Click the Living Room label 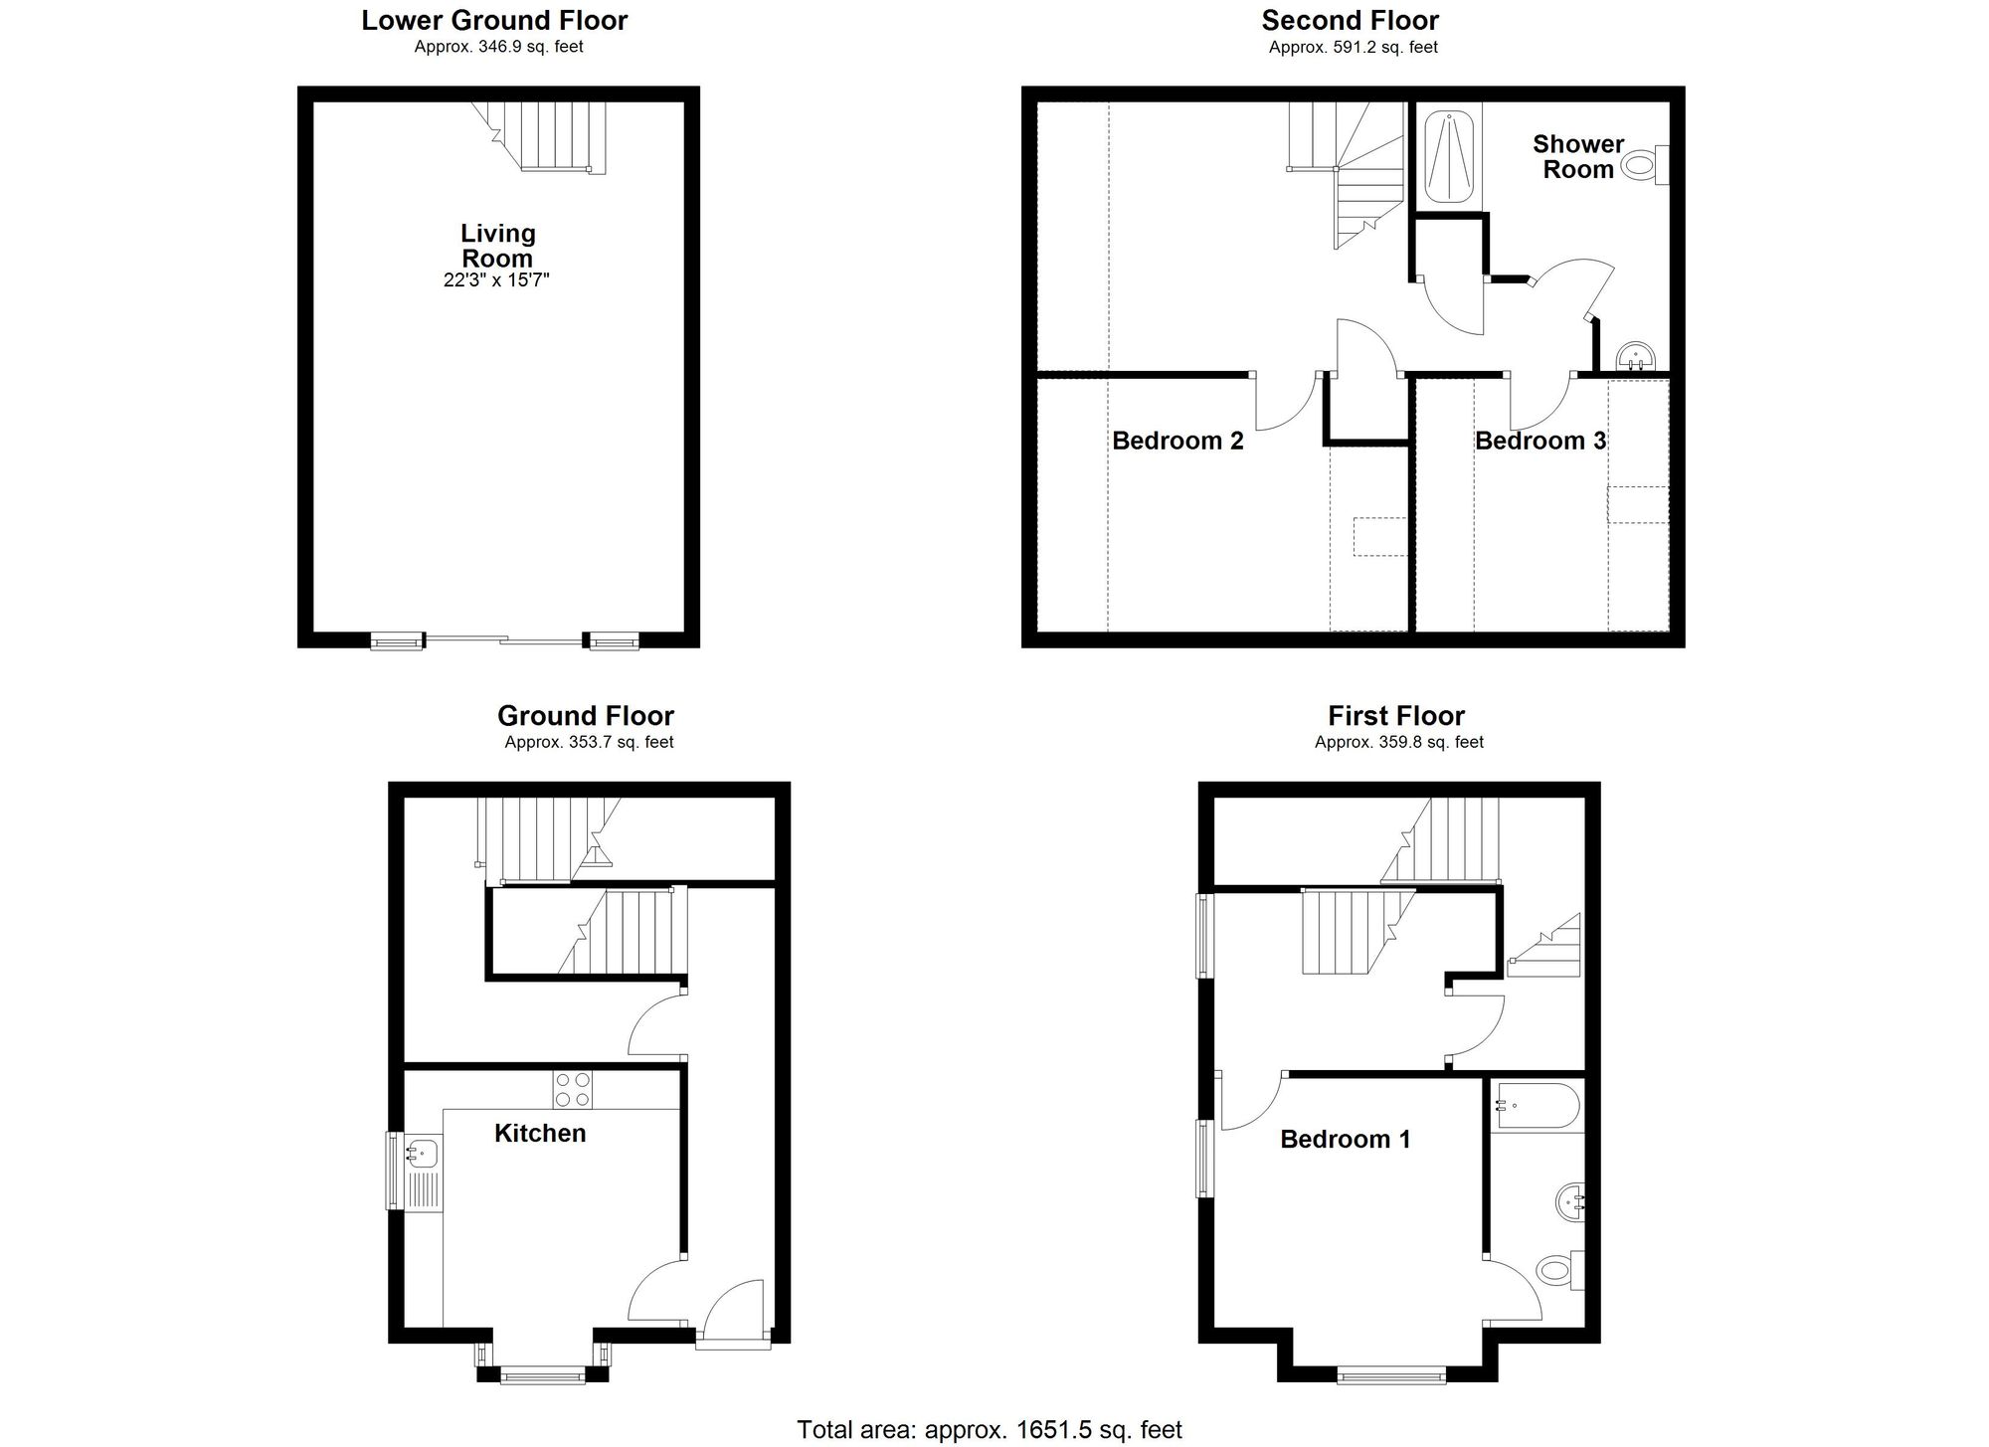[497, 246]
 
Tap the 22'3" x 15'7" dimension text [496, 280]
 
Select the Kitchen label [540, 1133]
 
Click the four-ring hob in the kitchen [573, 1089]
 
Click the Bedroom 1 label [1345, 1139]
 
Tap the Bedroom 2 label [1177, 441]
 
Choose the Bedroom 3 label [1539, 441]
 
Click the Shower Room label [1577, 157]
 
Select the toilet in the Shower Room [1644, 164]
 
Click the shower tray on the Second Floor [1448, 157]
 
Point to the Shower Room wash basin [1635, 354]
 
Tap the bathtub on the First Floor [1537, 1106]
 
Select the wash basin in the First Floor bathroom [1570, 1203]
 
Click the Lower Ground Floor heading [494, 21]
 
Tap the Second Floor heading [1350, 21]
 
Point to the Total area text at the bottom [989, 1430]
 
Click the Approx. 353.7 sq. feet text [589, 742]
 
